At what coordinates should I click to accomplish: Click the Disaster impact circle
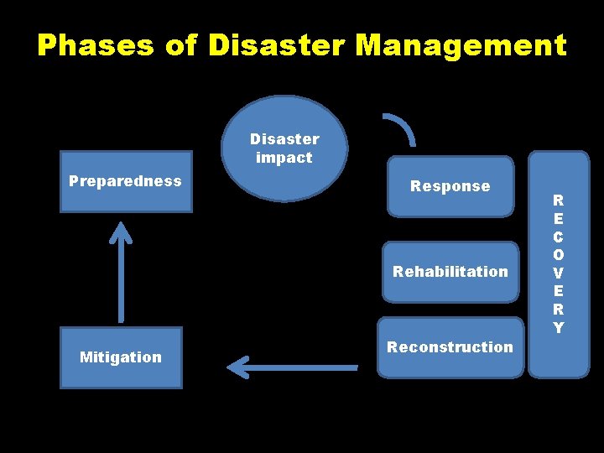pyautogui.click(x=284, y=148)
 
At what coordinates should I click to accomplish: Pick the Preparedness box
pyautogui.click(x=126, y=181)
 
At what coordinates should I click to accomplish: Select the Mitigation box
pyautogui.click(x=121, y=357)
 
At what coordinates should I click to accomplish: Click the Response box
pyautogui.click(x=450, y=186)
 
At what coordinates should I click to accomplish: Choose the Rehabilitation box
pyautogui.click(x=450, y=272)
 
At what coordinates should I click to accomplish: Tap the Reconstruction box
pyautogui.click(x=450, y=347)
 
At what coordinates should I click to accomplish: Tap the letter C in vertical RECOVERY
pyautogui.click(x=559, y=237)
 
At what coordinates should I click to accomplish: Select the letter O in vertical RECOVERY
pyautogui.click(x=559, y=254)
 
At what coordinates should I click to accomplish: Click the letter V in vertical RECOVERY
pyautogui.click(x=559, y=273)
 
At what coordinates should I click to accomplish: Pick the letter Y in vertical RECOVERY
pyautogui.click(x=559, y=327)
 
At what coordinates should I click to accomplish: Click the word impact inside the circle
pyautogui.click(x=284, y=158)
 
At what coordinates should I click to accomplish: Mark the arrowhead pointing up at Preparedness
pyautogui.click(x=122, y=232)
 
